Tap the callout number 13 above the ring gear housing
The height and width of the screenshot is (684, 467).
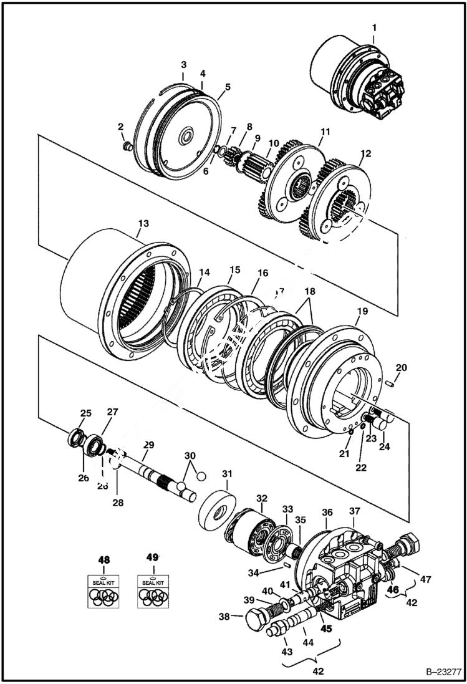click(x=144, y=223)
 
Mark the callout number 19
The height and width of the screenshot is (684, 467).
click(x=363, y=310)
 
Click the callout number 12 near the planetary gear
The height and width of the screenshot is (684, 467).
click(x=365, y=153)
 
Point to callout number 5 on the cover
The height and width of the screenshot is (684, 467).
click(x=227, y=87)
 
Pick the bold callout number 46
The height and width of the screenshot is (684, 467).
click(x=393, y=588)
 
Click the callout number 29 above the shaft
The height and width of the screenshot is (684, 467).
click(x=148, y=445)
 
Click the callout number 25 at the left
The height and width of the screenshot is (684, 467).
click(x=85, y=413)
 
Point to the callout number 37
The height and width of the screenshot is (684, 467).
click(x=354, y=511)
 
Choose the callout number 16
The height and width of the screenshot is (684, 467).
click(x=262, y=272)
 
